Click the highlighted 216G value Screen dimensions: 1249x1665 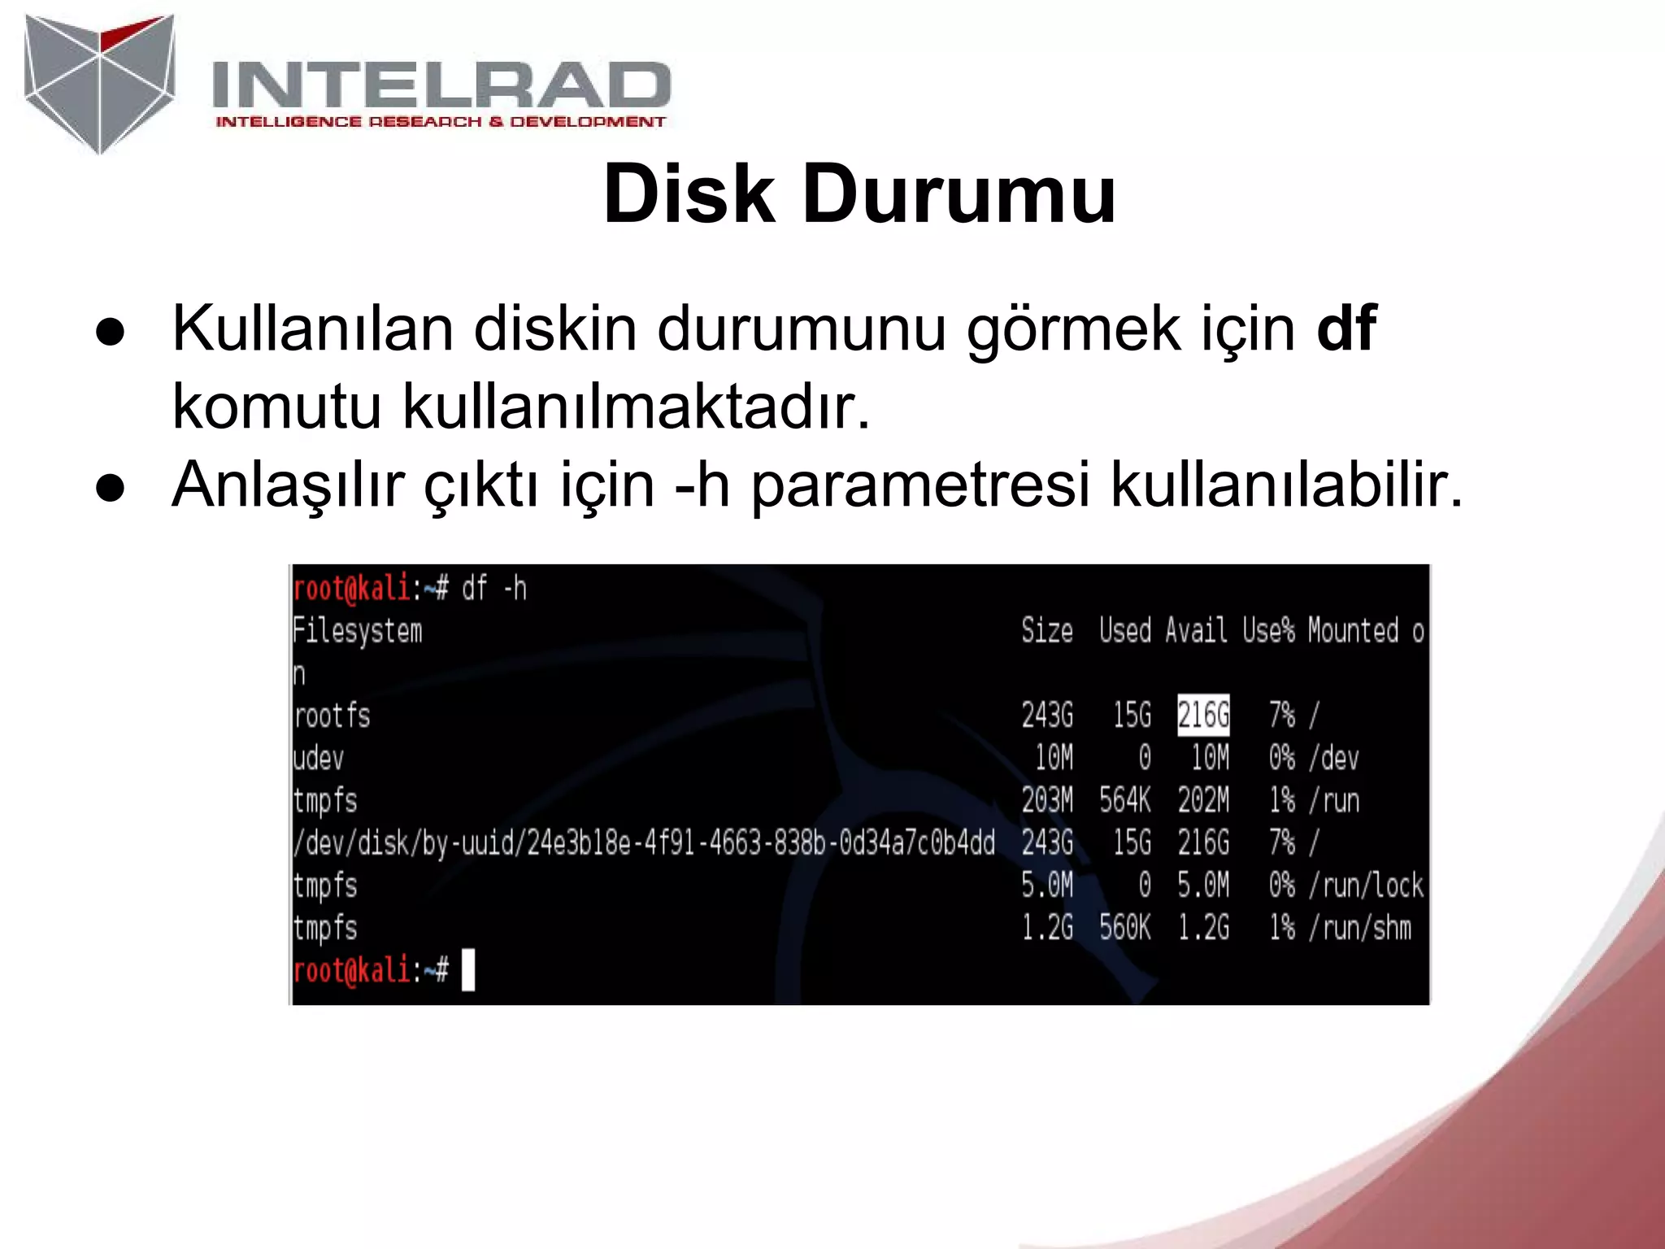(1203, 716)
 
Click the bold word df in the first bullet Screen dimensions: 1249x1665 (1346, 329)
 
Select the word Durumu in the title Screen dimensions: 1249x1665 (959, 195)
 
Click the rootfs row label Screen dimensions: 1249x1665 (332, 716)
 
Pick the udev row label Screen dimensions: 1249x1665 (319, 759)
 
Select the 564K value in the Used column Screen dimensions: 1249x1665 (1125, 801)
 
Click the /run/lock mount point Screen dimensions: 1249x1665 (1366, 886)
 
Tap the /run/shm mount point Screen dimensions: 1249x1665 (1359, 928)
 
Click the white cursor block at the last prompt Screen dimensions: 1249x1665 (468, 970)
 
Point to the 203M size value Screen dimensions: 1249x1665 (1047, 801)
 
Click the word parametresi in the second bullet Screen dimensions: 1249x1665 (919, 485)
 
